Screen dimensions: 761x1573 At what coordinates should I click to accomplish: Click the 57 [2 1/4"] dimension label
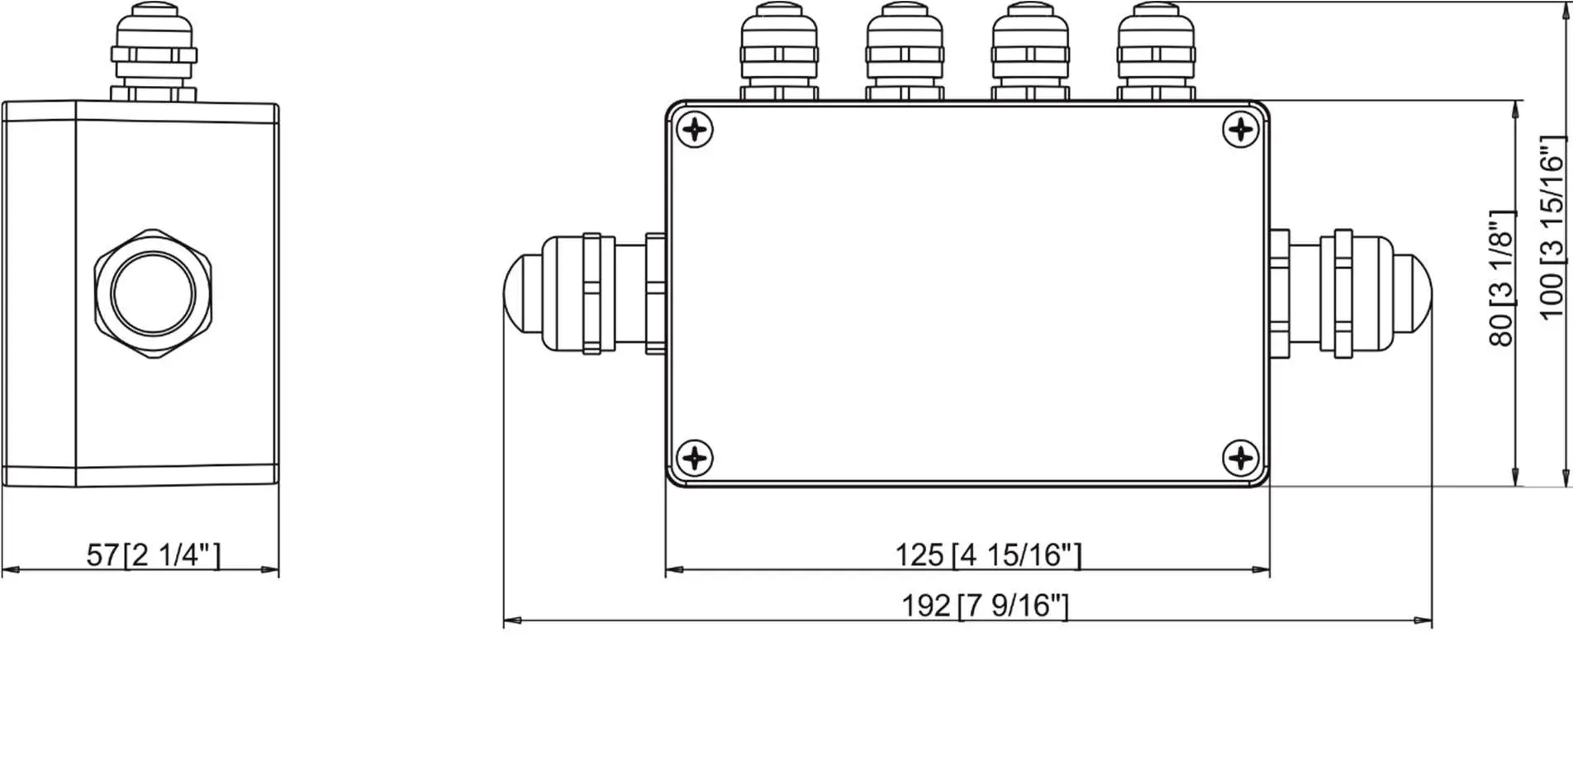(x=154, y=554)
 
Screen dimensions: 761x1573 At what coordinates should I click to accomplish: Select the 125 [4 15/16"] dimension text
(x=988, y=554)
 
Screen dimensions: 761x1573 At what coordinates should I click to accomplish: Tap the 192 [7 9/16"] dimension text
(x=985, y=606)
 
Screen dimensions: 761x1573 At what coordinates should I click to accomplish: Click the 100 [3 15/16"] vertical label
(x=1552, y=227)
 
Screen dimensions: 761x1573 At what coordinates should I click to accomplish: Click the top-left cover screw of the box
(x=695, y=130)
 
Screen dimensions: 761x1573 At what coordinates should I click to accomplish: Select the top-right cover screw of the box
(x=1240, y=130)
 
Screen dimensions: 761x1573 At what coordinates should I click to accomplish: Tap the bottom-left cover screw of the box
(x=695, y=458)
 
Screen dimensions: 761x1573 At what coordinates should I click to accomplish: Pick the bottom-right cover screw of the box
(x=1240, y=457)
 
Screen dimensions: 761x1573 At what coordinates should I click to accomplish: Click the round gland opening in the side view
(x=153, y=293)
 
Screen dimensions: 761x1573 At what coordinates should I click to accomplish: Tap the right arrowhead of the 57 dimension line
(x=271, y=569)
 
